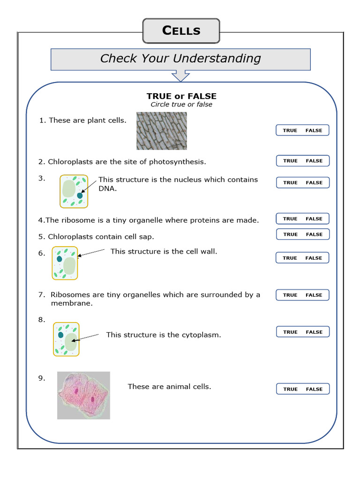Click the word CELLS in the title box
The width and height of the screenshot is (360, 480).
pyautogui.click(x=181, y=31)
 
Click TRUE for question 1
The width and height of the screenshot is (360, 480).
pyautogui.click(x=290, y=131)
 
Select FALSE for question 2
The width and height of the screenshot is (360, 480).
pyautogui.click(x=314, y=161)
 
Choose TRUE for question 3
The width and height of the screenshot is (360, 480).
pyautogui.click(x=290, y=183)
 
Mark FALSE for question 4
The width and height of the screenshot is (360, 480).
pyautogui.click(x=314, y=219)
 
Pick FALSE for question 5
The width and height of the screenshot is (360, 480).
pyautogui.click(x=314, y=234)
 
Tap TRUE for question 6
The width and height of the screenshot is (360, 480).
pyautogui.click(x=290, y=258)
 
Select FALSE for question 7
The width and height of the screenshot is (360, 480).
pyautogui.click(x=314, y=295)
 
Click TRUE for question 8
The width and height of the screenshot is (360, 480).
pyautogui.click(x=290, y=332)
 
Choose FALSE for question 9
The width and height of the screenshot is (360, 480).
pyautogui.click(x=314, y=390)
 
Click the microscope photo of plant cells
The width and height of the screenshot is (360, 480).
pyautogui.click(x=162, y=131)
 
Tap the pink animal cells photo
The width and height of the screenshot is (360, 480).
pyautogui.click(x=83, y=395)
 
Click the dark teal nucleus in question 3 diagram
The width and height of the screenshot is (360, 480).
pyautogui.click(x=80, y=195)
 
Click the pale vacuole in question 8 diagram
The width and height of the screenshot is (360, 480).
pyautogui.click(x=70, y=342)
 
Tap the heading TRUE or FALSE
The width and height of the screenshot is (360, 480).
pyautogui.click(x=181, y=96)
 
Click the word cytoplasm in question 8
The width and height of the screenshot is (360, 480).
pyautogui.click(x=202, y=335)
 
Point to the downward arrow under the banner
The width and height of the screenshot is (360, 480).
pyautogui.click(x=180, y=75)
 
